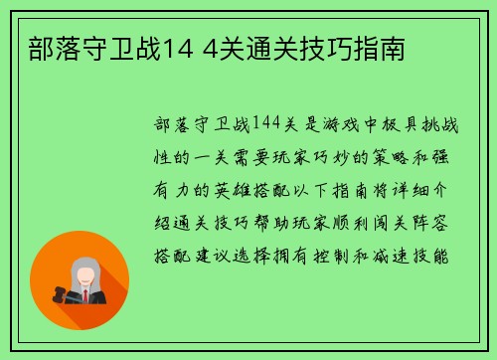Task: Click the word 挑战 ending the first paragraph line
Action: (x=438, y=124)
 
